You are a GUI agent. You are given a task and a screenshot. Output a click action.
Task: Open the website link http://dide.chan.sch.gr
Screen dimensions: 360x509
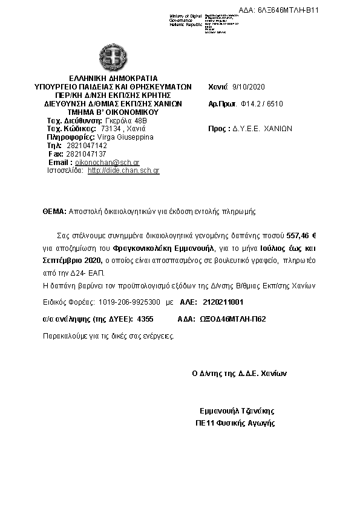pyautogui.click(x=123, y=171)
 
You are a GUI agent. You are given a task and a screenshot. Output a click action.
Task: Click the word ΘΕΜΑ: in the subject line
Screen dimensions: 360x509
pyautogui.click(x=54, y=212)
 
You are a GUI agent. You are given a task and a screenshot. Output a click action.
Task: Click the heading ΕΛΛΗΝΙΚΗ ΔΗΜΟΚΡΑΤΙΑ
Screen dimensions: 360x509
pyautogui.click(x=113, y=79)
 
